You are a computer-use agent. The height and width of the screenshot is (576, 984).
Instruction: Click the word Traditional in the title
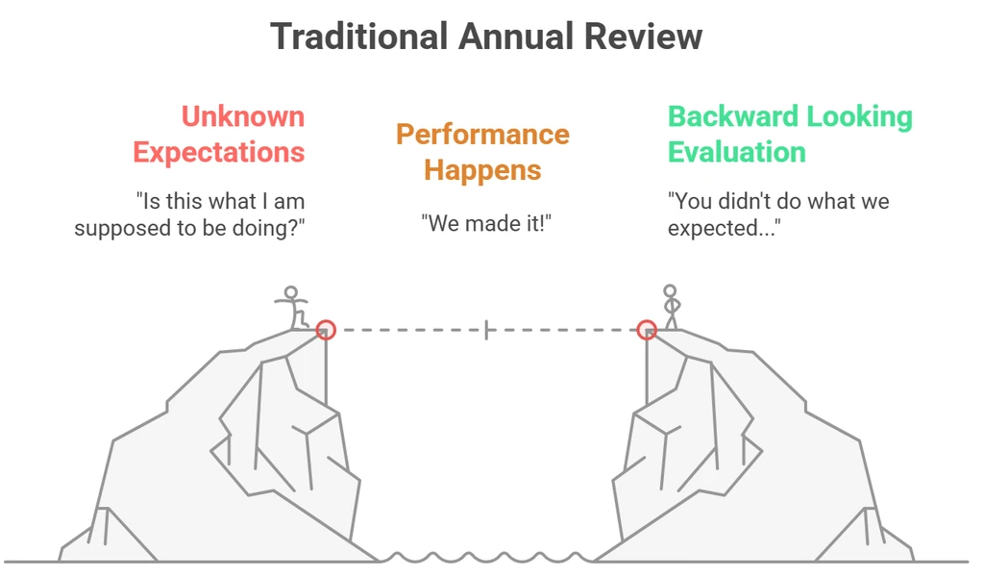pos(358,37)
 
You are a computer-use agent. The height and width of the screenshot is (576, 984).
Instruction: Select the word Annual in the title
pos(515,37)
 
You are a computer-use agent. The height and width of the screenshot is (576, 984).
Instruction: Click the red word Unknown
pos(243,116)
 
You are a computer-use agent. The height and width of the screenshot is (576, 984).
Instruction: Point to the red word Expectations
pos(219,153)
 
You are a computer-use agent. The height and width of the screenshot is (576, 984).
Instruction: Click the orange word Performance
pos(482,135)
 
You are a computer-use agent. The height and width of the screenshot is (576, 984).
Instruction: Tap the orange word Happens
pos(482,170)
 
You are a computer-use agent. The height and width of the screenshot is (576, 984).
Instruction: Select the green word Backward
pos(731,116)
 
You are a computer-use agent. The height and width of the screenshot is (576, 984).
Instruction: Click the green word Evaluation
pos(737,153)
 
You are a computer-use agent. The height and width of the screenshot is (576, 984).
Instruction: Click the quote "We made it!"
pos(486,223)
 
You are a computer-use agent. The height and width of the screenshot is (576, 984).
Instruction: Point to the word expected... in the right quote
pos(725,228)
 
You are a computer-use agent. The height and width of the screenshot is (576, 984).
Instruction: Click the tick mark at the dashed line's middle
pos(486,330)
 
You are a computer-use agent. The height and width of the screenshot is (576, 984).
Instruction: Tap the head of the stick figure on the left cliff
pos(290,292)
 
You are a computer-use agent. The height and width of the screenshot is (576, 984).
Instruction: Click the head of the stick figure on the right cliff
pos(670,291)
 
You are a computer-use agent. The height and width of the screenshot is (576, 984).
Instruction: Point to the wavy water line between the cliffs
pos(486,558)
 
